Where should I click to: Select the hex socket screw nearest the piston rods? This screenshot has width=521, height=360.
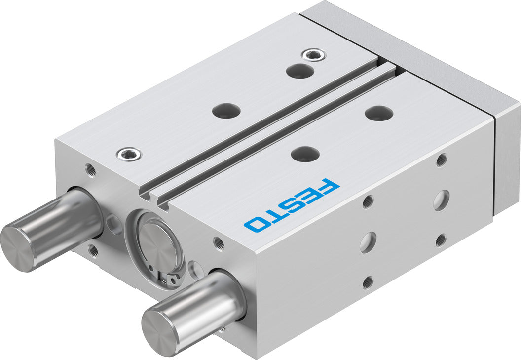(128, 154)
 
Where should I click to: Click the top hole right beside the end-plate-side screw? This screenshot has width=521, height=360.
(299, 71)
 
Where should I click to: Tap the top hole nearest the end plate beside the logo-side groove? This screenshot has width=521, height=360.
(379, 113)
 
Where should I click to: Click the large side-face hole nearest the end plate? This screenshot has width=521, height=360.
(441, 200)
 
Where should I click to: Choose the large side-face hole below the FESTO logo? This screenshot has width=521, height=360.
(368, 242)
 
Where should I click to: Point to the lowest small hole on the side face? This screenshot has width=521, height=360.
(368, 282)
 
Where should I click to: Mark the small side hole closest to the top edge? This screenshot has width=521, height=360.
(442, 160)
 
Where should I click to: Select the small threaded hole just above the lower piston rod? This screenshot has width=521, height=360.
(219, 243)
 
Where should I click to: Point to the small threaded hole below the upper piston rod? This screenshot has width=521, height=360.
(93, 251)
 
